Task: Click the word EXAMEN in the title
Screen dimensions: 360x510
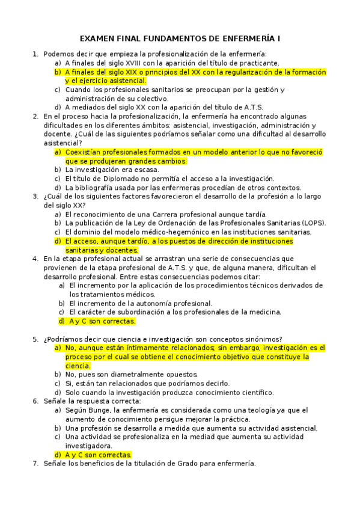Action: click(x=99, y=38)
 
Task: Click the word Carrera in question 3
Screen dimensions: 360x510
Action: click(x=175, y=214)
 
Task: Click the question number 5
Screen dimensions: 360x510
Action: click(x=35, y=339)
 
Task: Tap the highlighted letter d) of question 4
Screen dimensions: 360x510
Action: click(x=62, y=321)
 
